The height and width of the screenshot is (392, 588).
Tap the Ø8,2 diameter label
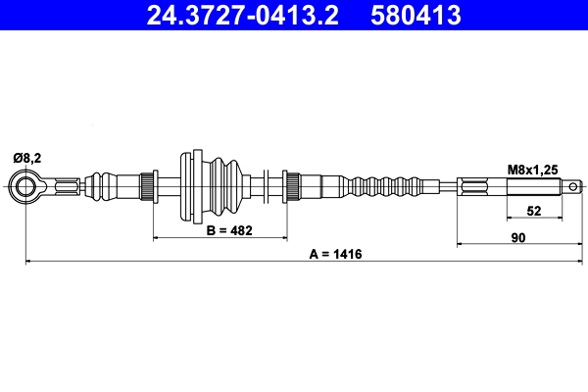pyautogui.click(x=26, y=157)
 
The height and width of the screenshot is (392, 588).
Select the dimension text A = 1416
pyautogui.click(x=336, y=254)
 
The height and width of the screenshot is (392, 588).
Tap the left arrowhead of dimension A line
pyautogui.click(x=29, y=262)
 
